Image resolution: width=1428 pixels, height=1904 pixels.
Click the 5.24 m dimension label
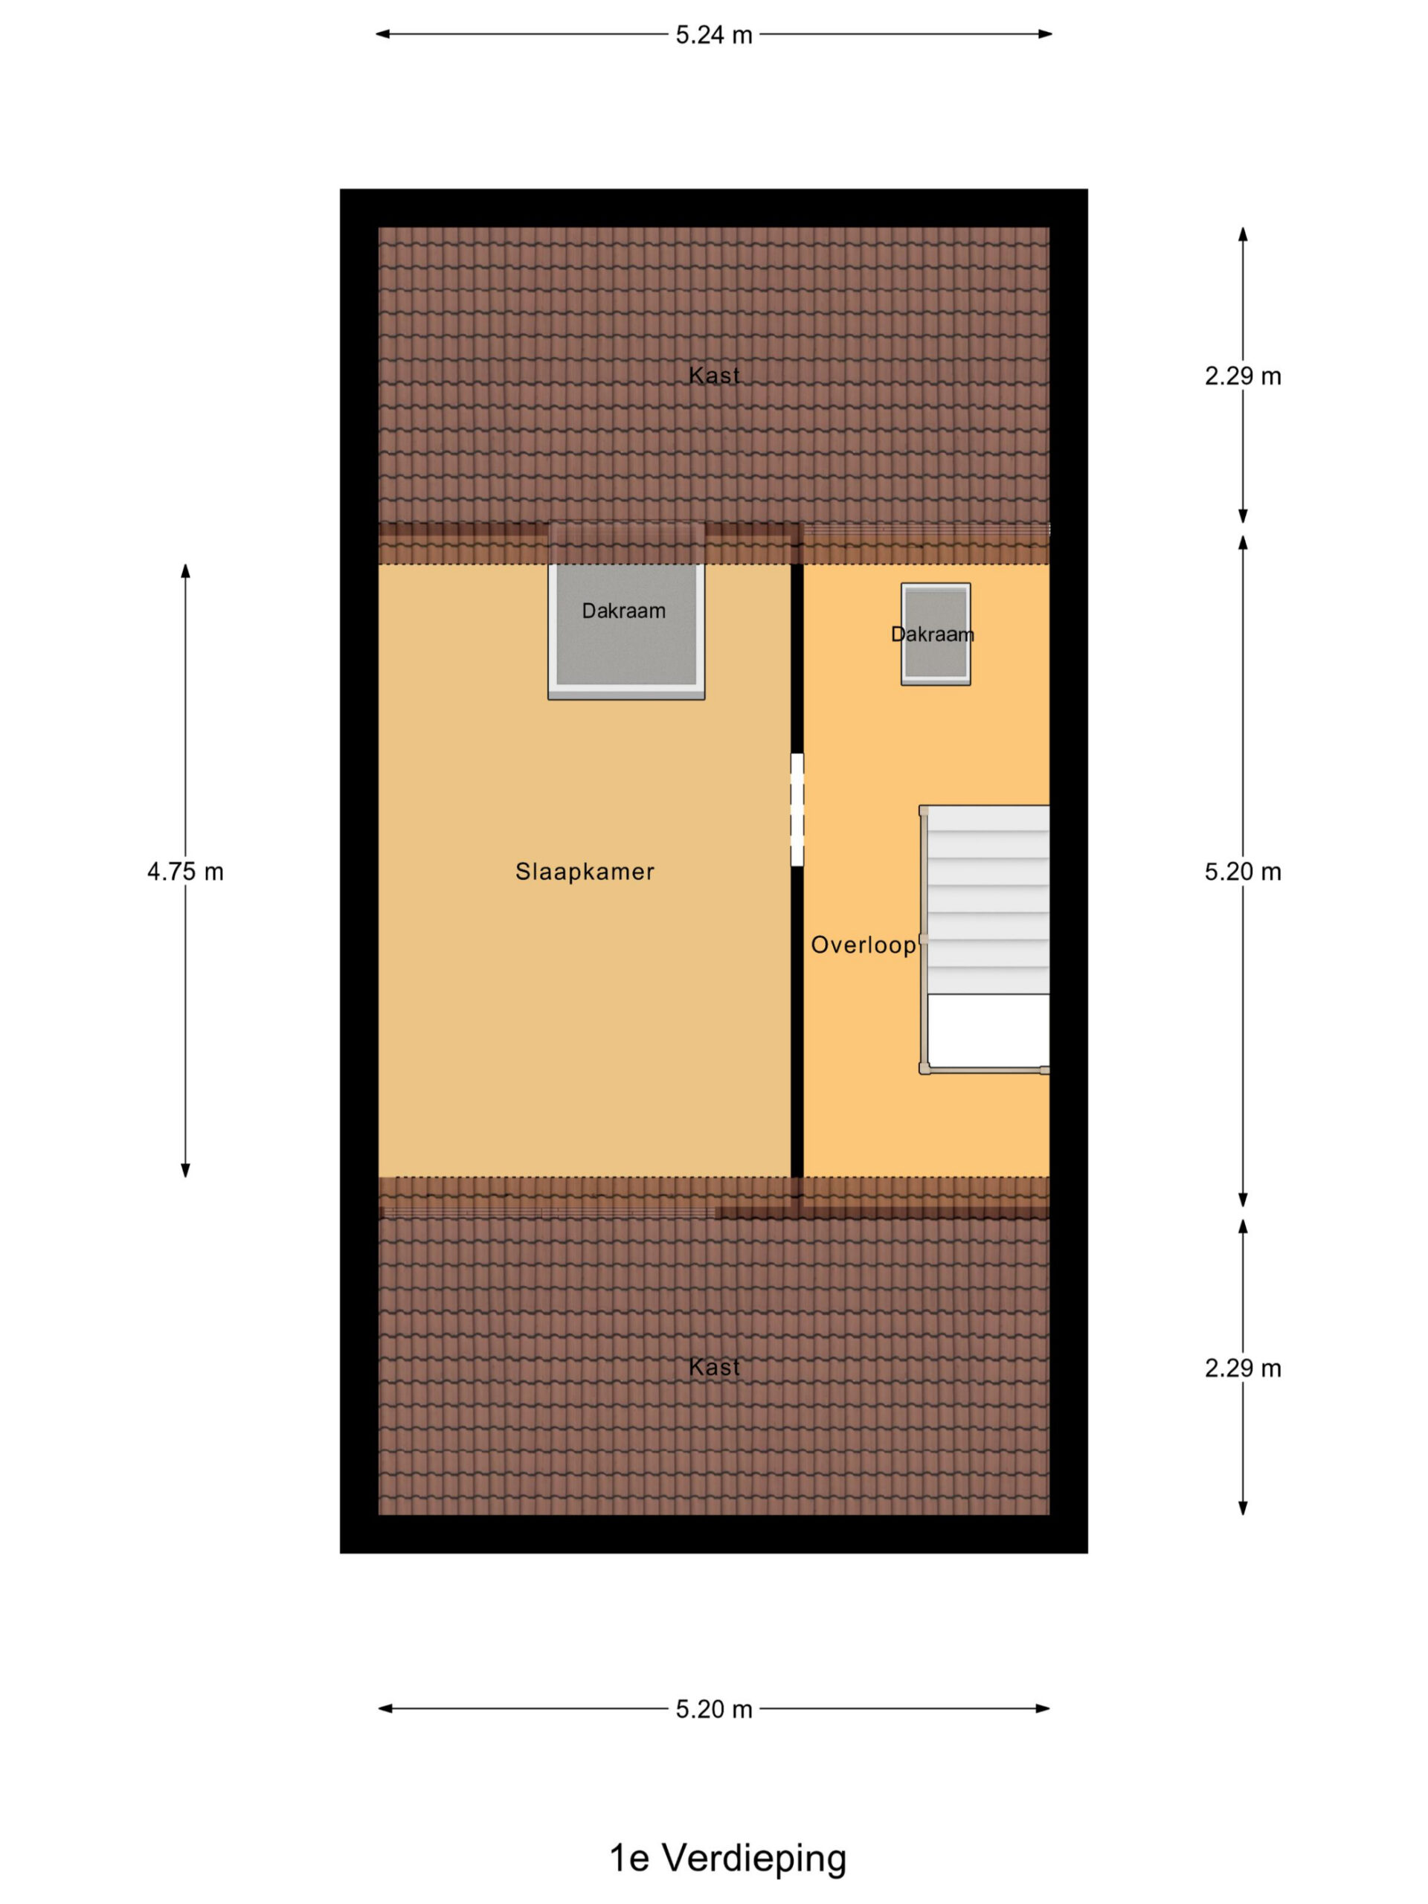click(x=713, y=35)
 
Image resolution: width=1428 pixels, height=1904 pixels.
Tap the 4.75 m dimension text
click(x=185, y=872)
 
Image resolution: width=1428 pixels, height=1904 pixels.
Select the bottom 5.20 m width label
click(x=713, y=1709)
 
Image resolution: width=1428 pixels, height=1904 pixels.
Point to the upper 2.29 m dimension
click(x=1242, y=376)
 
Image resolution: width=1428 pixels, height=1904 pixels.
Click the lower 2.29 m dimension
click(x=1242, y=1368)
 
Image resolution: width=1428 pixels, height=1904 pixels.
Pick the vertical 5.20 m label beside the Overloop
click(x=1242, y=872)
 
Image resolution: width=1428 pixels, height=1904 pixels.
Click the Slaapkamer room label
click(x=585, y=872)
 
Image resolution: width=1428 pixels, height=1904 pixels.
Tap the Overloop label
click(x=863, y=945)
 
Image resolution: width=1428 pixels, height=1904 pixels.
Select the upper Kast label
click(x=713, y=376)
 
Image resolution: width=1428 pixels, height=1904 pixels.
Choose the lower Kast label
click(x=713, y=1367)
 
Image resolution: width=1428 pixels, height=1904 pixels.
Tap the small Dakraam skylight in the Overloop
click(x=936, y=634)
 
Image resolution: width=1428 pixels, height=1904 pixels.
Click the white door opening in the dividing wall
click(x=797, y=810)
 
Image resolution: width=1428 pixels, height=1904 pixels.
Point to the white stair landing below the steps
click(x=988, y=1031)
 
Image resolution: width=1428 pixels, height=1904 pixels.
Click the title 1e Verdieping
click(x=727, y=1859)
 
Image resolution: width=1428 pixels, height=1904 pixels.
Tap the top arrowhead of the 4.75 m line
click(x=185, y=570)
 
